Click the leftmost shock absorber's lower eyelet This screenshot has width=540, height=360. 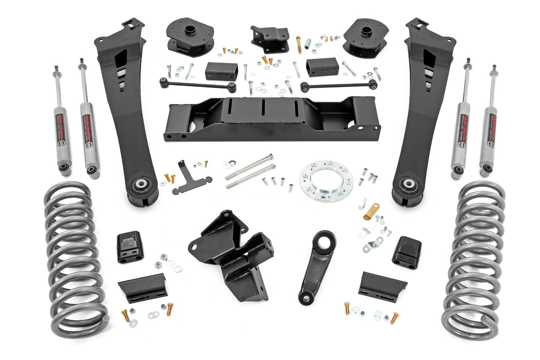pos(62,166)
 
